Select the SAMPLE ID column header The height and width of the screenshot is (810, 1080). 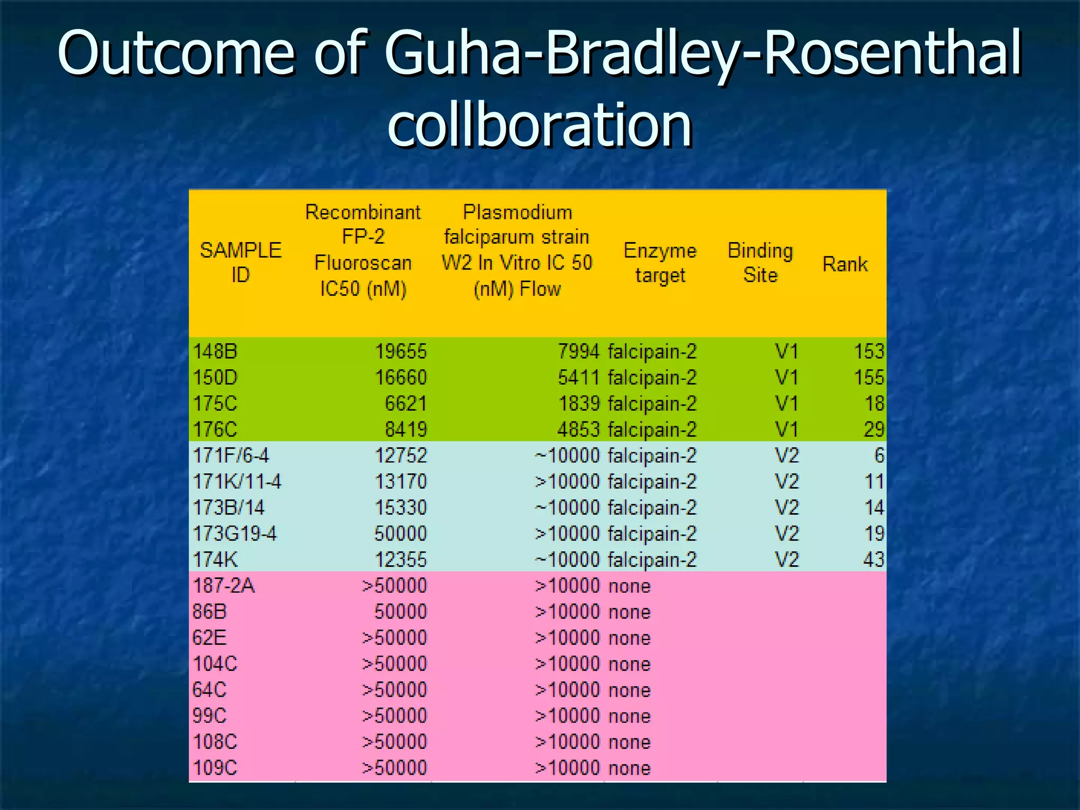(240, 262)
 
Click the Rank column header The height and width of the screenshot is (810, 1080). (845, 264)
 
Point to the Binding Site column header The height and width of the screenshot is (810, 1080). (760, 263)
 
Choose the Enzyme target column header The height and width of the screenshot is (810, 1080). (660, 263)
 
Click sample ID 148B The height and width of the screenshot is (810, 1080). (215, 351)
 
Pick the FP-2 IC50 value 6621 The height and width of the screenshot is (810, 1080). (405, 403)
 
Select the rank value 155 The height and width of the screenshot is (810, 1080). (869, 378)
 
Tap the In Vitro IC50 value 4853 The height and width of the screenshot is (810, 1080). (578, 429)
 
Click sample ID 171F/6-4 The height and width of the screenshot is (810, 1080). (231, 455)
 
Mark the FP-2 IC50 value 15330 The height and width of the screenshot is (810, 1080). (400, 507)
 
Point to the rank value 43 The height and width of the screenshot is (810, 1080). (873, 559)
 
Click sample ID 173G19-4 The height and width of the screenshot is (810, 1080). (235, 534)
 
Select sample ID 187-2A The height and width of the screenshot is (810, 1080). (224, 585)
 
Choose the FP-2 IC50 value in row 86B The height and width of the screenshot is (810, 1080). (400, 612)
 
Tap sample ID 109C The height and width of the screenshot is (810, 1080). (215, 767)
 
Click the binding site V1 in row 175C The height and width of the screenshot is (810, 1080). (786, 403)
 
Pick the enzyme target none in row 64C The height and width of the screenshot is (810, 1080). (629, 690)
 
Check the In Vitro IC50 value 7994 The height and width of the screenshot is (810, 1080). (578, 351)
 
